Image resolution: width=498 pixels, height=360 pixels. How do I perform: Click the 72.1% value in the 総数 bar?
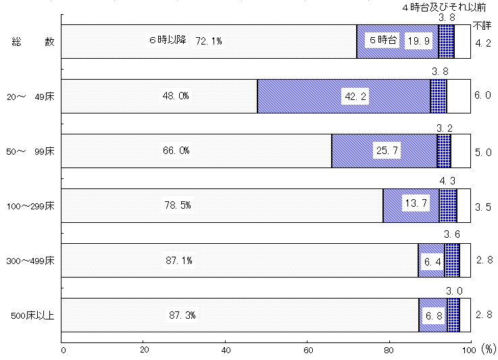(209, 41)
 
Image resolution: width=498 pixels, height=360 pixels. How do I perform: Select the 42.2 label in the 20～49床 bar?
(355, 96)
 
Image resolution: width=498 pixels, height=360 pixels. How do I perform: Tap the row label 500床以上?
(32, 315)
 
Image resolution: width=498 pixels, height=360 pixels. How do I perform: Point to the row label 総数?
(33, 42)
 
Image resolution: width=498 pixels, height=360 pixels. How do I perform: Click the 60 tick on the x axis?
(308, 350)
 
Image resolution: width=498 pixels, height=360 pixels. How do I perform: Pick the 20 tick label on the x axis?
(144, 350)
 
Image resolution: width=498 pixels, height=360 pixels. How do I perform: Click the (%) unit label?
(489, 349)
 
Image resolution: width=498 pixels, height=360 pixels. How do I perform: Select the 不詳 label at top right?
(482, 26)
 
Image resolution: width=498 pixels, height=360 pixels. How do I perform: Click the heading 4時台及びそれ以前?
(444, 7)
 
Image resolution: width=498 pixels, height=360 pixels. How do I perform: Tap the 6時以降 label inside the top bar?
(168, 40)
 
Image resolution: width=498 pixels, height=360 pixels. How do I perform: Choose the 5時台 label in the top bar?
(383, 40)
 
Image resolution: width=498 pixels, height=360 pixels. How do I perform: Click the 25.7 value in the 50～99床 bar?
(387, 150)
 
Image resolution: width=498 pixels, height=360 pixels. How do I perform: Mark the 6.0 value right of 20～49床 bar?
(482, 95)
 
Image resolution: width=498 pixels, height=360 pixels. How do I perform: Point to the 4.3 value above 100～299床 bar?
(447, 181)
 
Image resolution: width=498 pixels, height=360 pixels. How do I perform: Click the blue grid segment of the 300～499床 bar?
(452, 260)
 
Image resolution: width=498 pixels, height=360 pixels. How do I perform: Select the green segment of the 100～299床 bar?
(222, 205)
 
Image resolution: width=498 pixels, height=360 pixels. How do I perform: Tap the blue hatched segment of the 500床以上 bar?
(433, 315)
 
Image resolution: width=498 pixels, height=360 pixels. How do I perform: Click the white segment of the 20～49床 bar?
(459, 96)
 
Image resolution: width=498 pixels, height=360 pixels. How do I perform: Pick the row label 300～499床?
(30, 261)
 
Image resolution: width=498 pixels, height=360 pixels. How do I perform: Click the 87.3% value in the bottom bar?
(182, 315)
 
